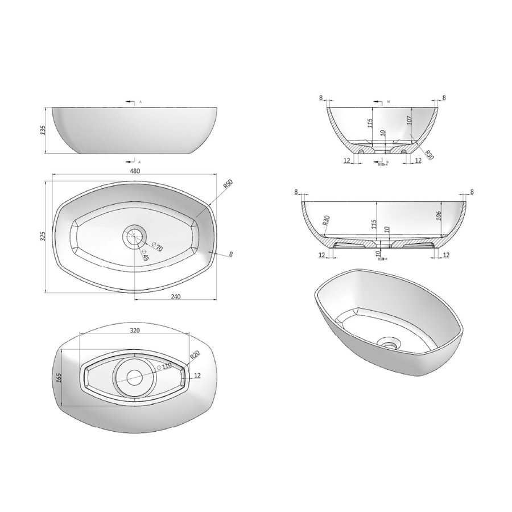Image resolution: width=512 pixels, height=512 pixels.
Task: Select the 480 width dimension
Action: [x=135, y=170]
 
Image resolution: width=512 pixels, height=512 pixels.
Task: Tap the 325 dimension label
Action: [x=42, y=237]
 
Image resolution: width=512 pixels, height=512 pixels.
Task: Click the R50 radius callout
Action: [x=228, y=185]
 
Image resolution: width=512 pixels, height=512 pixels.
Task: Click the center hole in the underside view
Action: [x=135, y=375]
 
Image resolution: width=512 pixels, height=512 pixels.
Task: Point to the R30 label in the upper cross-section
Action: [x=429, y=154]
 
